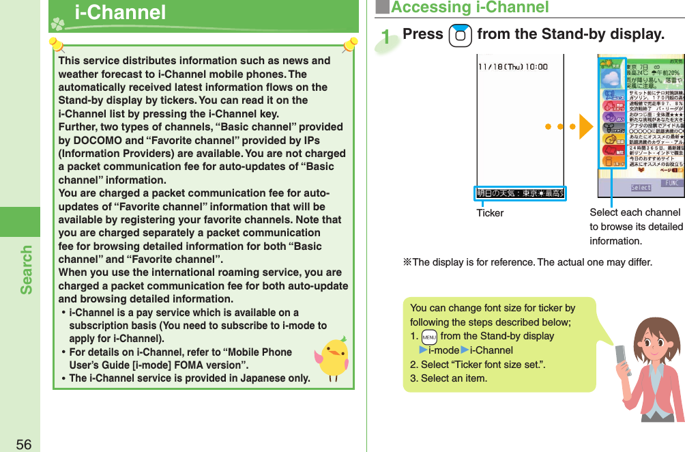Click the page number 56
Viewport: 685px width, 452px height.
pos(23,444)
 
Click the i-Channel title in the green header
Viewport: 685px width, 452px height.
pos(120,12)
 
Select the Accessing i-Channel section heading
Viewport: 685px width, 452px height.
pos(469,8)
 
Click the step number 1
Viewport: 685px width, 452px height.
pos(388,38)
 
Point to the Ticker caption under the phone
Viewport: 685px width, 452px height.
pos(490,213)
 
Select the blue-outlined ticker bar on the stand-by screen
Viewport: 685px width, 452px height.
pos(521,193)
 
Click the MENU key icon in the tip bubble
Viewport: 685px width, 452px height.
pos(429,337)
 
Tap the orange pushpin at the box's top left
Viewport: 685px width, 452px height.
pos(56,46)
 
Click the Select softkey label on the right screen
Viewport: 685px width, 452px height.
pos(641,187)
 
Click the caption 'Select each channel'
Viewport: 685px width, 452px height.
pos(635,212)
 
